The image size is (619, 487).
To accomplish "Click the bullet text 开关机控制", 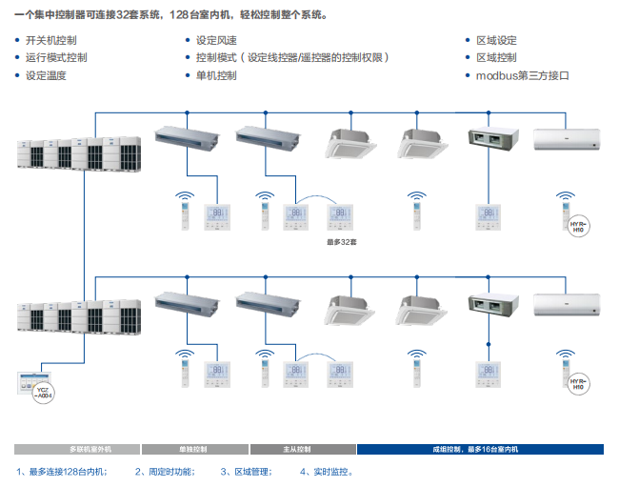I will [x=51, y=40].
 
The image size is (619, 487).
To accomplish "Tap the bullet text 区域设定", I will [x=496, y=40].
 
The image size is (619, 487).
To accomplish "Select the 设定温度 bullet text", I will [x=46, y=75].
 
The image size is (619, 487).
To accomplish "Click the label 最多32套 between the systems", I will [x=340, y=242].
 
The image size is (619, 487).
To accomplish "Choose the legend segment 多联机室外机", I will [x=77, y=449].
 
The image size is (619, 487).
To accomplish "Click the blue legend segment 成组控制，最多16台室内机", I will [x=480, y=449].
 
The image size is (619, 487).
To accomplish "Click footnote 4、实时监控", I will [x=327, y=472].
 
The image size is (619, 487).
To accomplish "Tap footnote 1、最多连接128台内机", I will [x=62, y=472].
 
